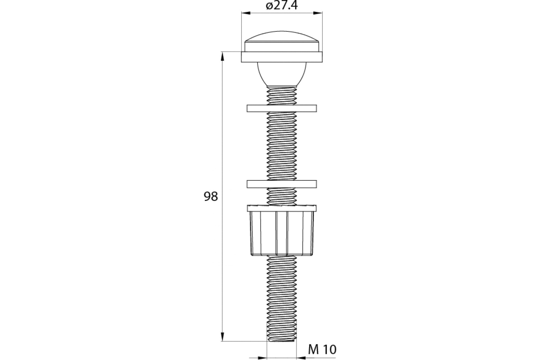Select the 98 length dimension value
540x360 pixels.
[x=211, y=197]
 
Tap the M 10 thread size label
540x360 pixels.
[x=322, y=349]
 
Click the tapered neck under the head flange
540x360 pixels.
[x=282, y=74]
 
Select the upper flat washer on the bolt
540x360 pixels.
[x=282, y=108]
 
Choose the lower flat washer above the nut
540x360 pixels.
[x=282, y=184]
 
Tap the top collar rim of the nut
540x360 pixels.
[x=282, y=208]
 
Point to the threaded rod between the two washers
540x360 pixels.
[x=282, y=146]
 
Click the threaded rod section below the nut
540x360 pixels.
[x=282, y=295]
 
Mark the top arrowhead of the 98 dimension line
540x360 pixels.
[x=222, y=56]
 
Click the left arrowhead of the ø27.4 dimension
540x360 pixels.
[x=245, y=14]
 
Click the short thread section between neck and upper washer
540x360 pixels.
[x=282, y=95]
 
